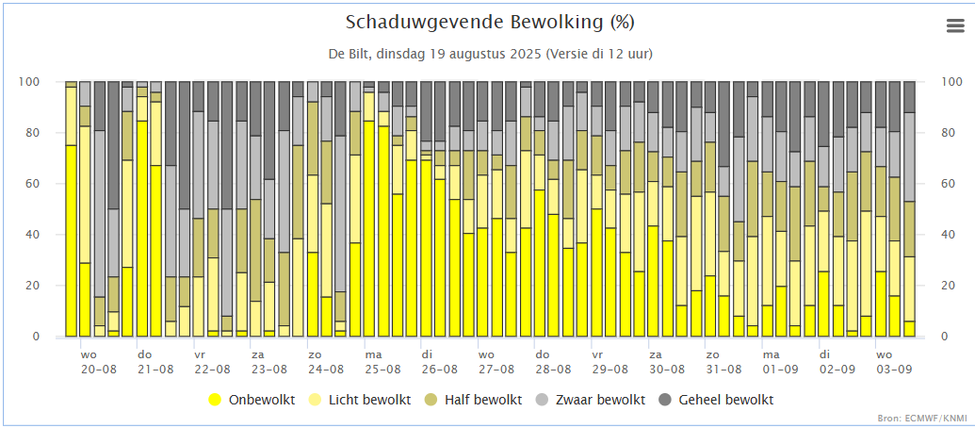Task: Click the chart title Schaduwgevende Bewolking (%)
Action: pyautogui.click(x=486, y=22)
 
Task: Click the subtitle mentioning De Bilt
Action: pyautogui.click(x=486, y=53)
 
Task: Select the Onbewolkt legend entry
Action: pyautogui.click(x=252, y=400)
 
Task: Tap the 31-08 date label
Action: pyautogui.click(x=723, y=370)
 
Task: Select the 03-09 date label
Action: pyautogui.click(x=893, y=370)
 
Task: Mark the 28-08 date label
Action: pyautogui.click(x=553, y=370)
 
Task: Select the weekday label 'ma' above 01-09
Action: pyautogui.click(x=770, y=354)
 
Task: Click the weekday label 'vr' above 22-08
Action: pyautogui.click(x=200, y=354)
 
